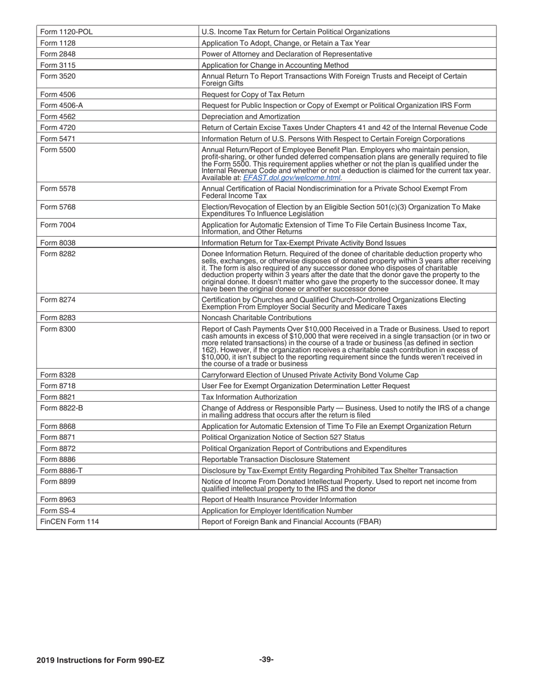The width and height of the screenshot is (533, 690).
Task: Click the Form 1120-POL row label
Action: tap(67, 32)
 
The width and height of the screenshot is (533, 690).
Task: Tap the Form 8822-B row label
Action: tap(62, 408)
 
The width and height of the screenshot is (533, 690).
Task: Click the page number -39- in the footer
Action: tap(266, 660)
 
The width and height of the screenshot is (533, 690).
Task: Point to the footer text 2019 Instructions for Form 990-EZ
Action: tap(100, 660)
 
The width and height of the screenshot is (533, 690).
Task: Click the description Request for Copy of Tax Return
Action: tap(253, 94)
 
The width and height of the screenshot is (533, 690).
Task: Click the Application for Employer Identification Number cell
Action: tap(277, 510)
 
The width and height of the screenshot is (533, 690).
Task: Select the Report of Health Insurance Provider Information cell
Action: tap(279, 499)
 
